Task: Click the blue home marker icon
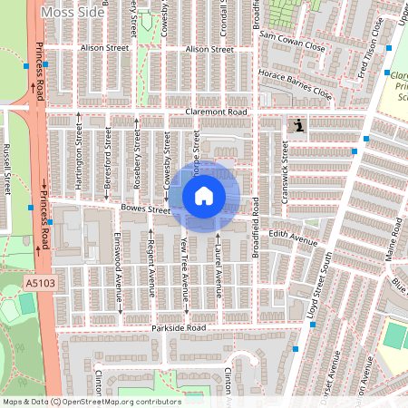204,195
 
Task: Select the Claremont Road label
216,112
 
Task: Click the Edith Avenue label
292,240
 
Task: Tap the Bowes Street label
145,209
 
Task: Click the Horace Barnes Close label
296,83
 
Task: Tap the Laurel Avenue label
219,263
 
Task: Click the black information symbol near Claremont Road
296,126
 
